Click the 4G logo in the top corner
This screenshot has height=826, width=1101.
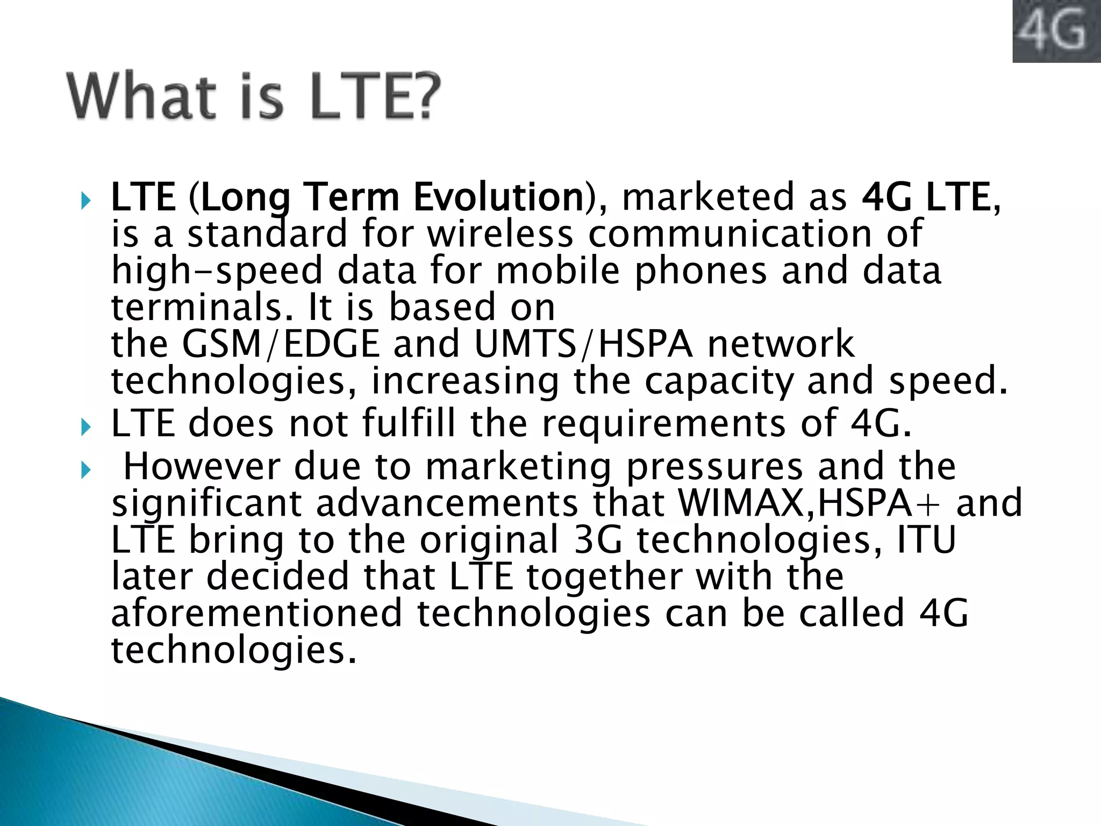[1056, 31]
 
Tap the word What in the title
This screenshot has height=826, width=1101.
[142, 97]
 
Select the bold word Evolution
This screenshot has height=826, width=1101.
[498, 197]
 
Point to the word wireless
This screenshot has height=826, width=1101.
[500, 234]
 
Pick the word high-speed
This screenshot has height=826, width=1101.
[217, 270]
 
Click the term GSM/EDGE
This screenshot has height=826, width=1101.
[281, 344]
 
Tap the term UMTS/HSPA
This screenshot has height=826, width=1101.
[583, 344]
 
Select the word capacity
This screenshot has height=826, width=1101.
[718, 381]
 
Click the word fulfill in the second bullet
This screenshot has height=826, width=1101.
[409, 424]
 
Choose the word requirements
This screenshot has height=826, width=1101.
[663, 424]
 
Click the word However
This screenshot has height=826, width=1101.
[202, 466]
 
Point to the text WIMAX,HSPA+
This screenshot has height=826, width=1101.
[809, 503]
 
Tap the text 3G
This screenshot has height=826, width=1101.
[597, 540]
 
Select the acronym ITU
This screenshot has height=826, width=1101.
[927, 540]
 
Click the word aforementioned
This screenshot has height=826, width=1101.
[256, 614]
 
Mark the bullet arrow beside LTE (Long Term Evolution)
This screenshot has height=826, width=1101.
[85, 202]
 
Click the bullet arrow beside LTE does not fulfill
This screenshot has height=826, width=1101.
[85, 428]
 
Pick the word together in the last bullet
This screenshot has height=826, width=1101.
[604, 576]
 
